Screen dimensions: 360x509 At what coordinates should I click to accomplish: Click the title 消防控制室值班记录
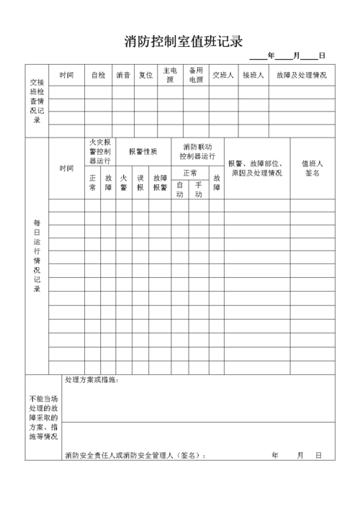coord(183,42)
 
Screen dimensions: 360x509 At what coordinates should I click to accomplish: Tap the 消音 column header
coord(122,75)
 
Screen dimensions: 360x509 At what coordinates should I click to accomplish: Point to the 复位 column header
coord(146,75)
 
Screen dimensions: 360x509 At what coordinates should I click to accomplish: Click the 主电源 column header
coord(170,75)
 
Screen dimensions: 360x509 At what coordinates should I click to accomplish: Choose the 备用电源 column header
coord(196,75)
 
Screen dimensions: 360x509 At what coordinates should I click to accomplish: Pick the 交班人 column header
coord(223,75)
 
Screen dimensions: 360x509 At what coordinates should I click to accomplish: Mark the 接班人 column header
coord(253,75)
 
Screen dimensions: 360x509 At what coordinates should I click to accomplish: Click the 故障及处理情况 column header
coord(301,75)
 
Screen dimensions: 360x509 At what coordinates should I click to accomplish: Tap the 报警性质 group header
coord(143,152)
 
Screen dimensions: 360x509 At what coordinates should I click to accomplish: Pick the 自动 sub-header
coord(180,189)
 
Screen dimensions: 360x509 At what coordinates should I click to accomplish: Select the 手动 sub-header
coord(199,189)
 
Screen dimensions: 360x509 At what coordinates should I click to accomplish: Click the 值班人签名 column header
coord(312,168)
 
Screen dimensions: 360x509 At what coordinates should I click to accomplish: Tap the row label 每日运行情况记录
coord(37,256)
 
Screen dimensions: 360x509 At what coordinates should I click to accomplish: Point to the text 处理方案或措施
coord(91,380)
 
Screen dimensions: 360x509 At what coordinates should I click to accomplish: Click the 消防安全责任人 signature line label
coord(135,455)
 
